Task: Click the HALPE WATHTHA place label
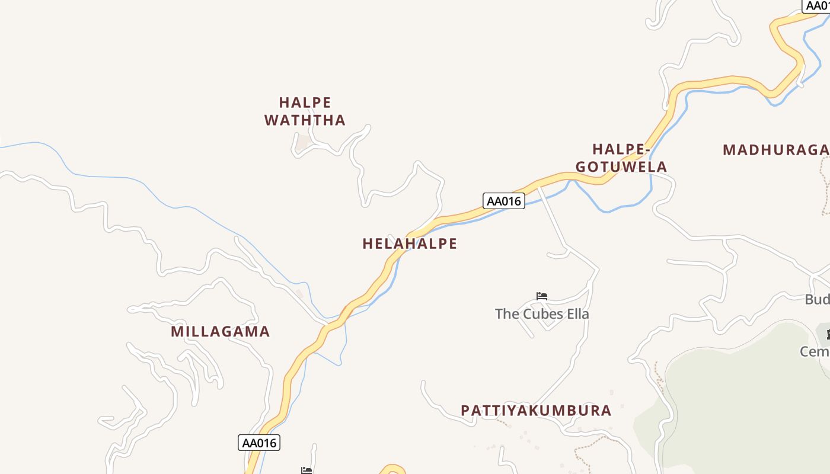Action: [305, 111]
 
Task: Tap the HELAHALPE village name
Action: [410, 244]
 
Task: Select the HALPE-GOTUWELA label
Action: [621, 158]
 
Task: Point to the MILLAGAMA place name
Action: [221, 331]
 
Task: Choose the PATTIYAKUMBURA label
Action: [536, 411]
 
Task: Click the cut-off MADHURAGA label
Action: [775, 150]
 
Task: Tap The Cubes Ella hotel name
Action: [542, 314]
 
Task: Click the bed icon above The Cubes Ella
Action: [542, 296]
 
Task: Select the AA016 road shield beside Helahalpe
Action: [503, 201]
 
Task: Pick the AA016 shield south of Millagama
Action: [259, 443]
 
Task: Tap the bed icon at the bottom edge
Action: [307, 470]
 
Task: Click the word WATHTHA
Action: [305, 120]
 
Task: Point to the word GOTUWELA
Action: [621, 167]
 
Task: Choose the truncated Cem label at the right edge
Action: [815, 352]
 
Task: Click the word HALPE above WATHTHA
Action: [305, 103]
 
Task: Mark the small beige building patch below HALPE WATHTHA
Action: [304, 143]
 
